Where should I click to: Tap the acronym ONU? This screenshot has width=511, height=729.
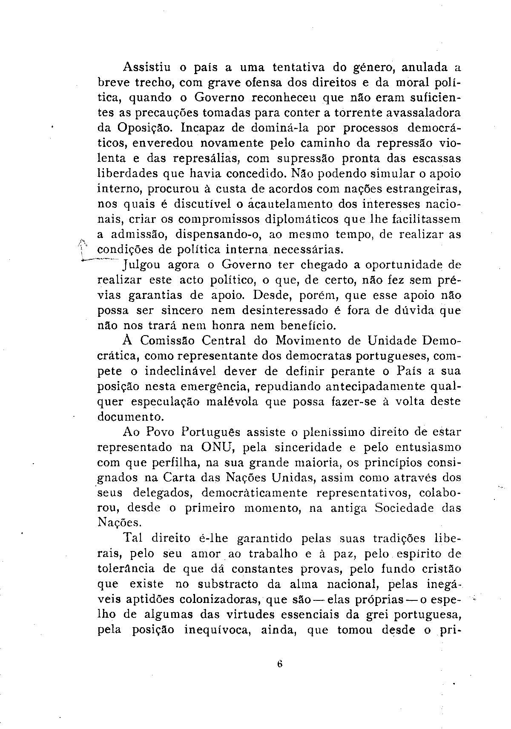point(216,448)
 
